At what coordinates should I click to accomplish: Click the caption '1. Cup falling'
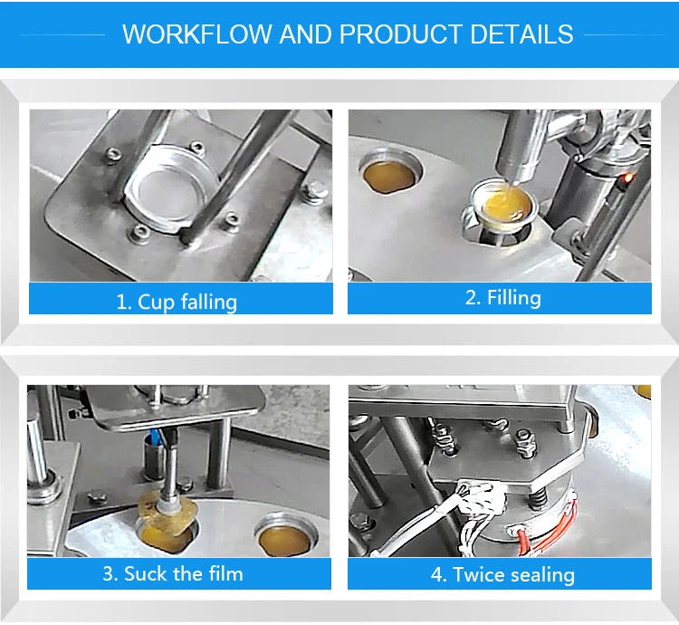(x=177, y=301)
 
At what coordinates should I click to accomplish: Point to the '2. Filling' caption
(x=502, y=298)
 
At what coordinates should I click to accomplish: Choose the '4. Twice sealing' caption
(x=501, y=574)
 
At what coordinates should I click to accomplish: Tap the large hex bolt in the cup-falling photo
(x=316, y=191)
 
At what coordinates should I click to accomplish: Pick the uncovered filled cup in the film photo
(x=282, y=539)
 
